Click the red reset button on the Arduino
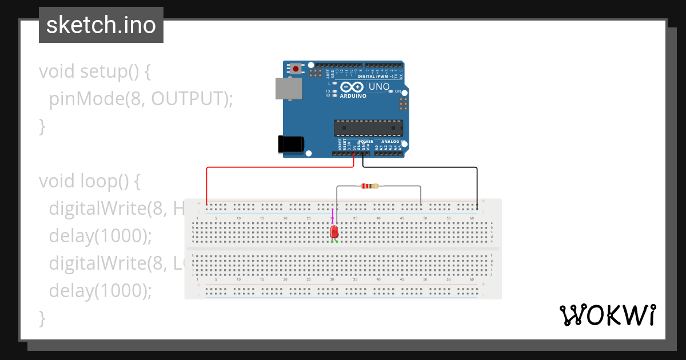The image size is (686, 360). pos(296,69)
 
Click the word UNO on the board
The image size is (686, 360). pos(378,87)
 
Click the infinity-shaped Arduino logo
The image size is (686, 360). pos(352,87)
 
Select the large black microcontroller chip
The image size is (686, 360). pos(369,128)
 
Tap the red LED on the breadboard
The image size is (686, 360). pos(334,231)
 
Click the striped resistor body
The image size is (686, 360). pos(369,186)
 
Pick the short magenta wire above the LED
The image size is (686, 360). pos(332,216)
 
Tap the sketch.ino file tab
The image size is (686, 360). pos(101,25)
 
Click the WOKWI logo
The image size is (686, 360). pos(607,315)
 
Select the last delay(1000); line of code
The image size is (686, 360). pos(101,290)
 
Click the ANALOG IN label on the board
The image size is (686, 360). pos(390,142)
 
